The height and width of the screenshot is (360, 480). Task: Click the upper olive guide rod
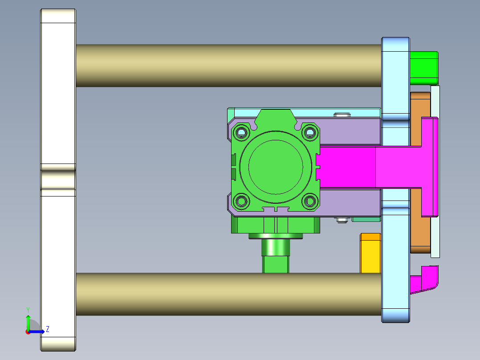[227, 65]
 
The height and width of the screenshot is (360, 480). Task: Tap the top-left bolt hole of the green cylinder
[241, 132]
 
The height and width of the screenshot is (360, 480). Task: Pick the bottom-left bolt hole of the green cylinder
[241, 201]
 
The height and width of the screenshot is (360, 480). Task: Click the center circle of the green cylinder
[276, 167]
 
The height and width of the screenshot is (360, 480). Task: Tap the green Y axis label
[28, 309]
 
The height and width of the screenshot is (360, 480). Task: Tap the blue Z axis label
[47, 329]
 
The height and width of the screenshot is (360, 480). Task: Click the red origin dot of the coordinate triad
[28, 331]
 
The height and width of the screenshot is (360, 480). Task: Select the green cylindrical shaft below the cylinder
[276, 256]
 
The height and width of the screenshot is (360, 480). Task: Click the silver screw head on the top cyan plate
[342, 115]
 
